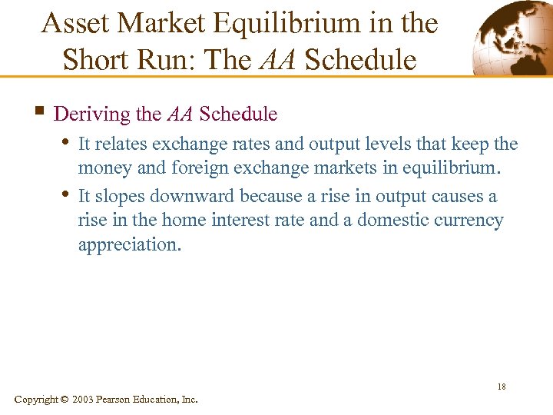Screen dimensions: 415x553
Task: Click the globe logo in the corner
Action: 510,38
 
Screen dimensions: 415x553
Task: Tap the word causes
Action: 455,197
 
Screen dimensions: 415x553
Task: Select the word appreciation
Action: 129,244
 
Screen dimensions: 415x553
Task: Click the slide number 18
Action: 501,387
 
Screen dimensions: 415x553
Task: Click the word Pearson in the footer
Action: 119,400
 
